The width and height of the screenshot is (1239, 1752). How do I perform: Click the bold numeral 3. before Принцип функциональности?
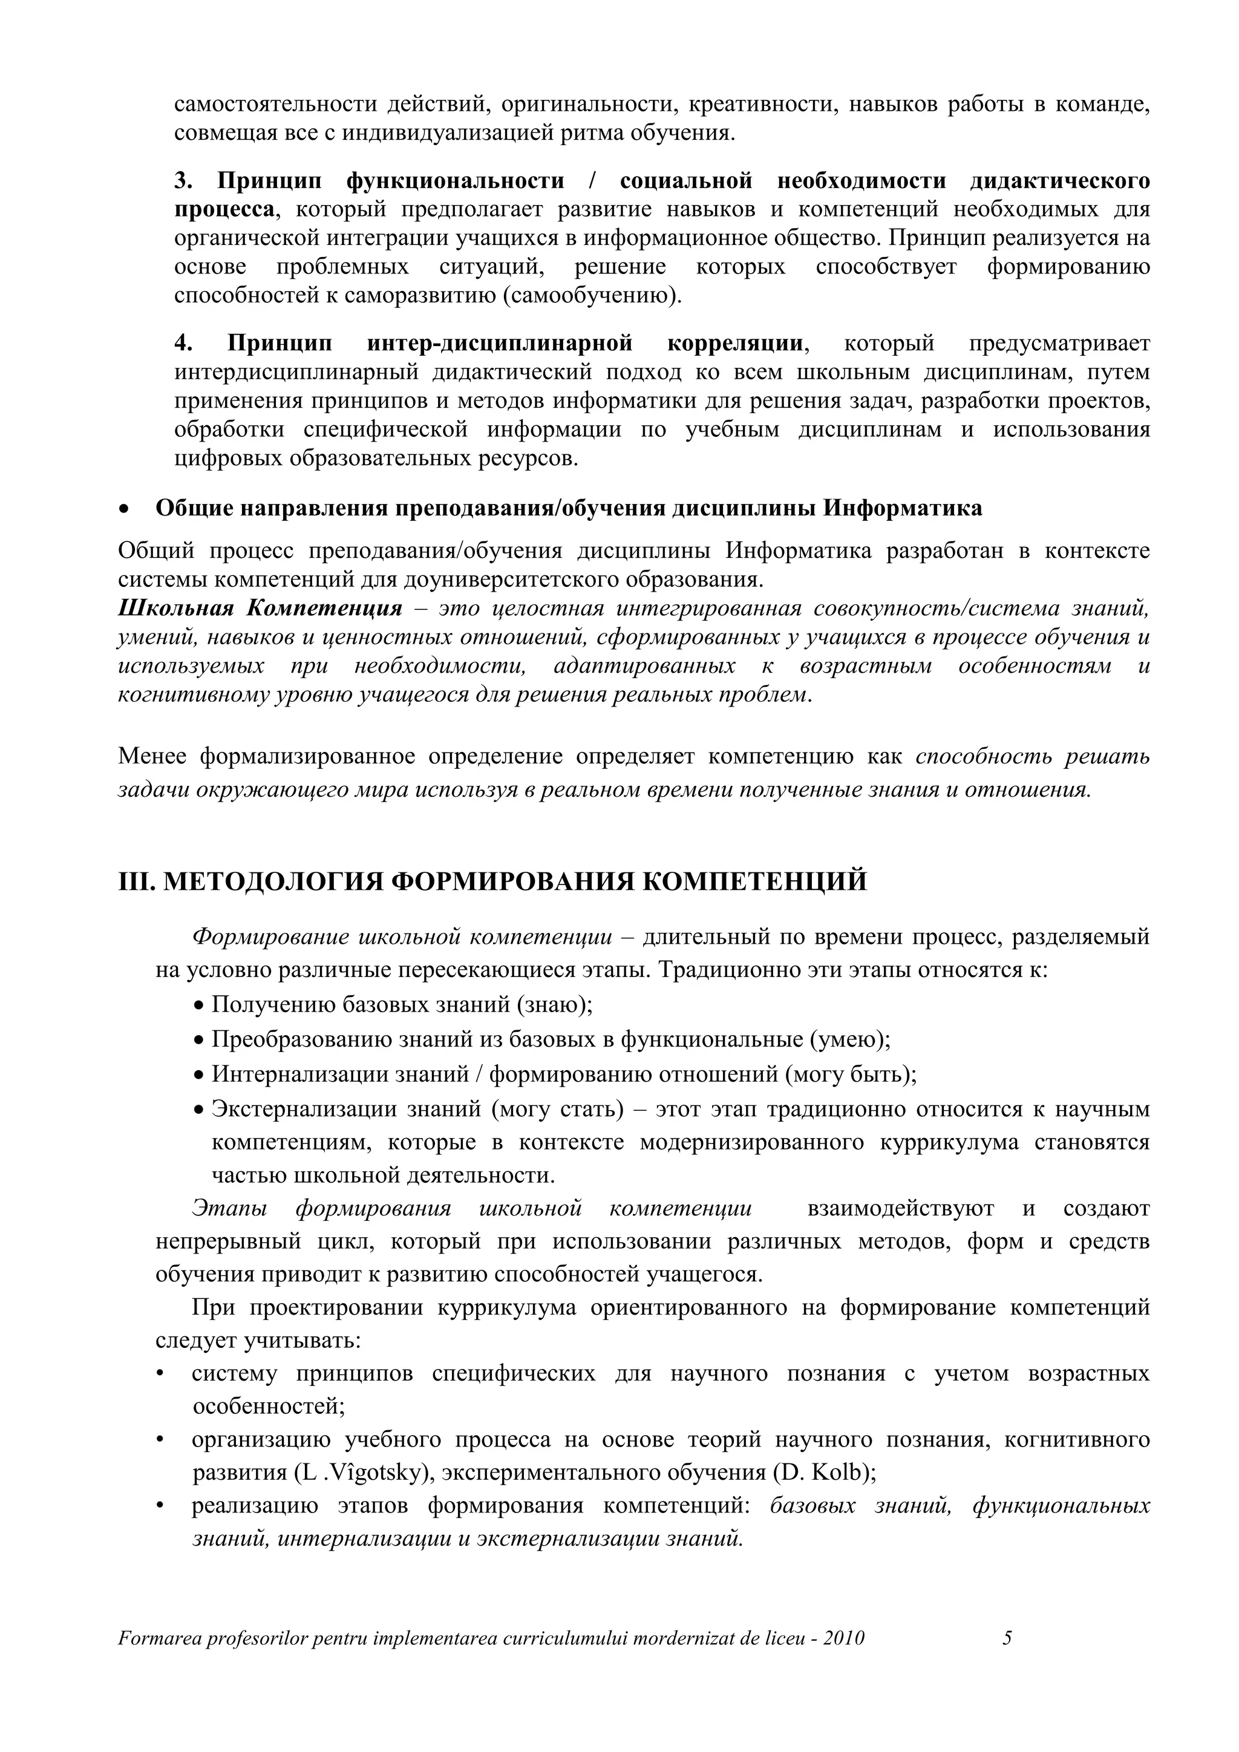184,181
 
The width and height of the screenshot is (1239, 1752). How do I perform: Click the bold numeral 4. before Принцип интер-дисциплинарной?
184,344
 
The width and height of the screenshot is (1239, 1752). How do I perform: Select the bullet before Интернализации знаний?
199,1075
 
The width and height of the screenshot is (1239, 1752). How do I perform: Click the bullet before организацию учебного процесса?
160,1440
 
